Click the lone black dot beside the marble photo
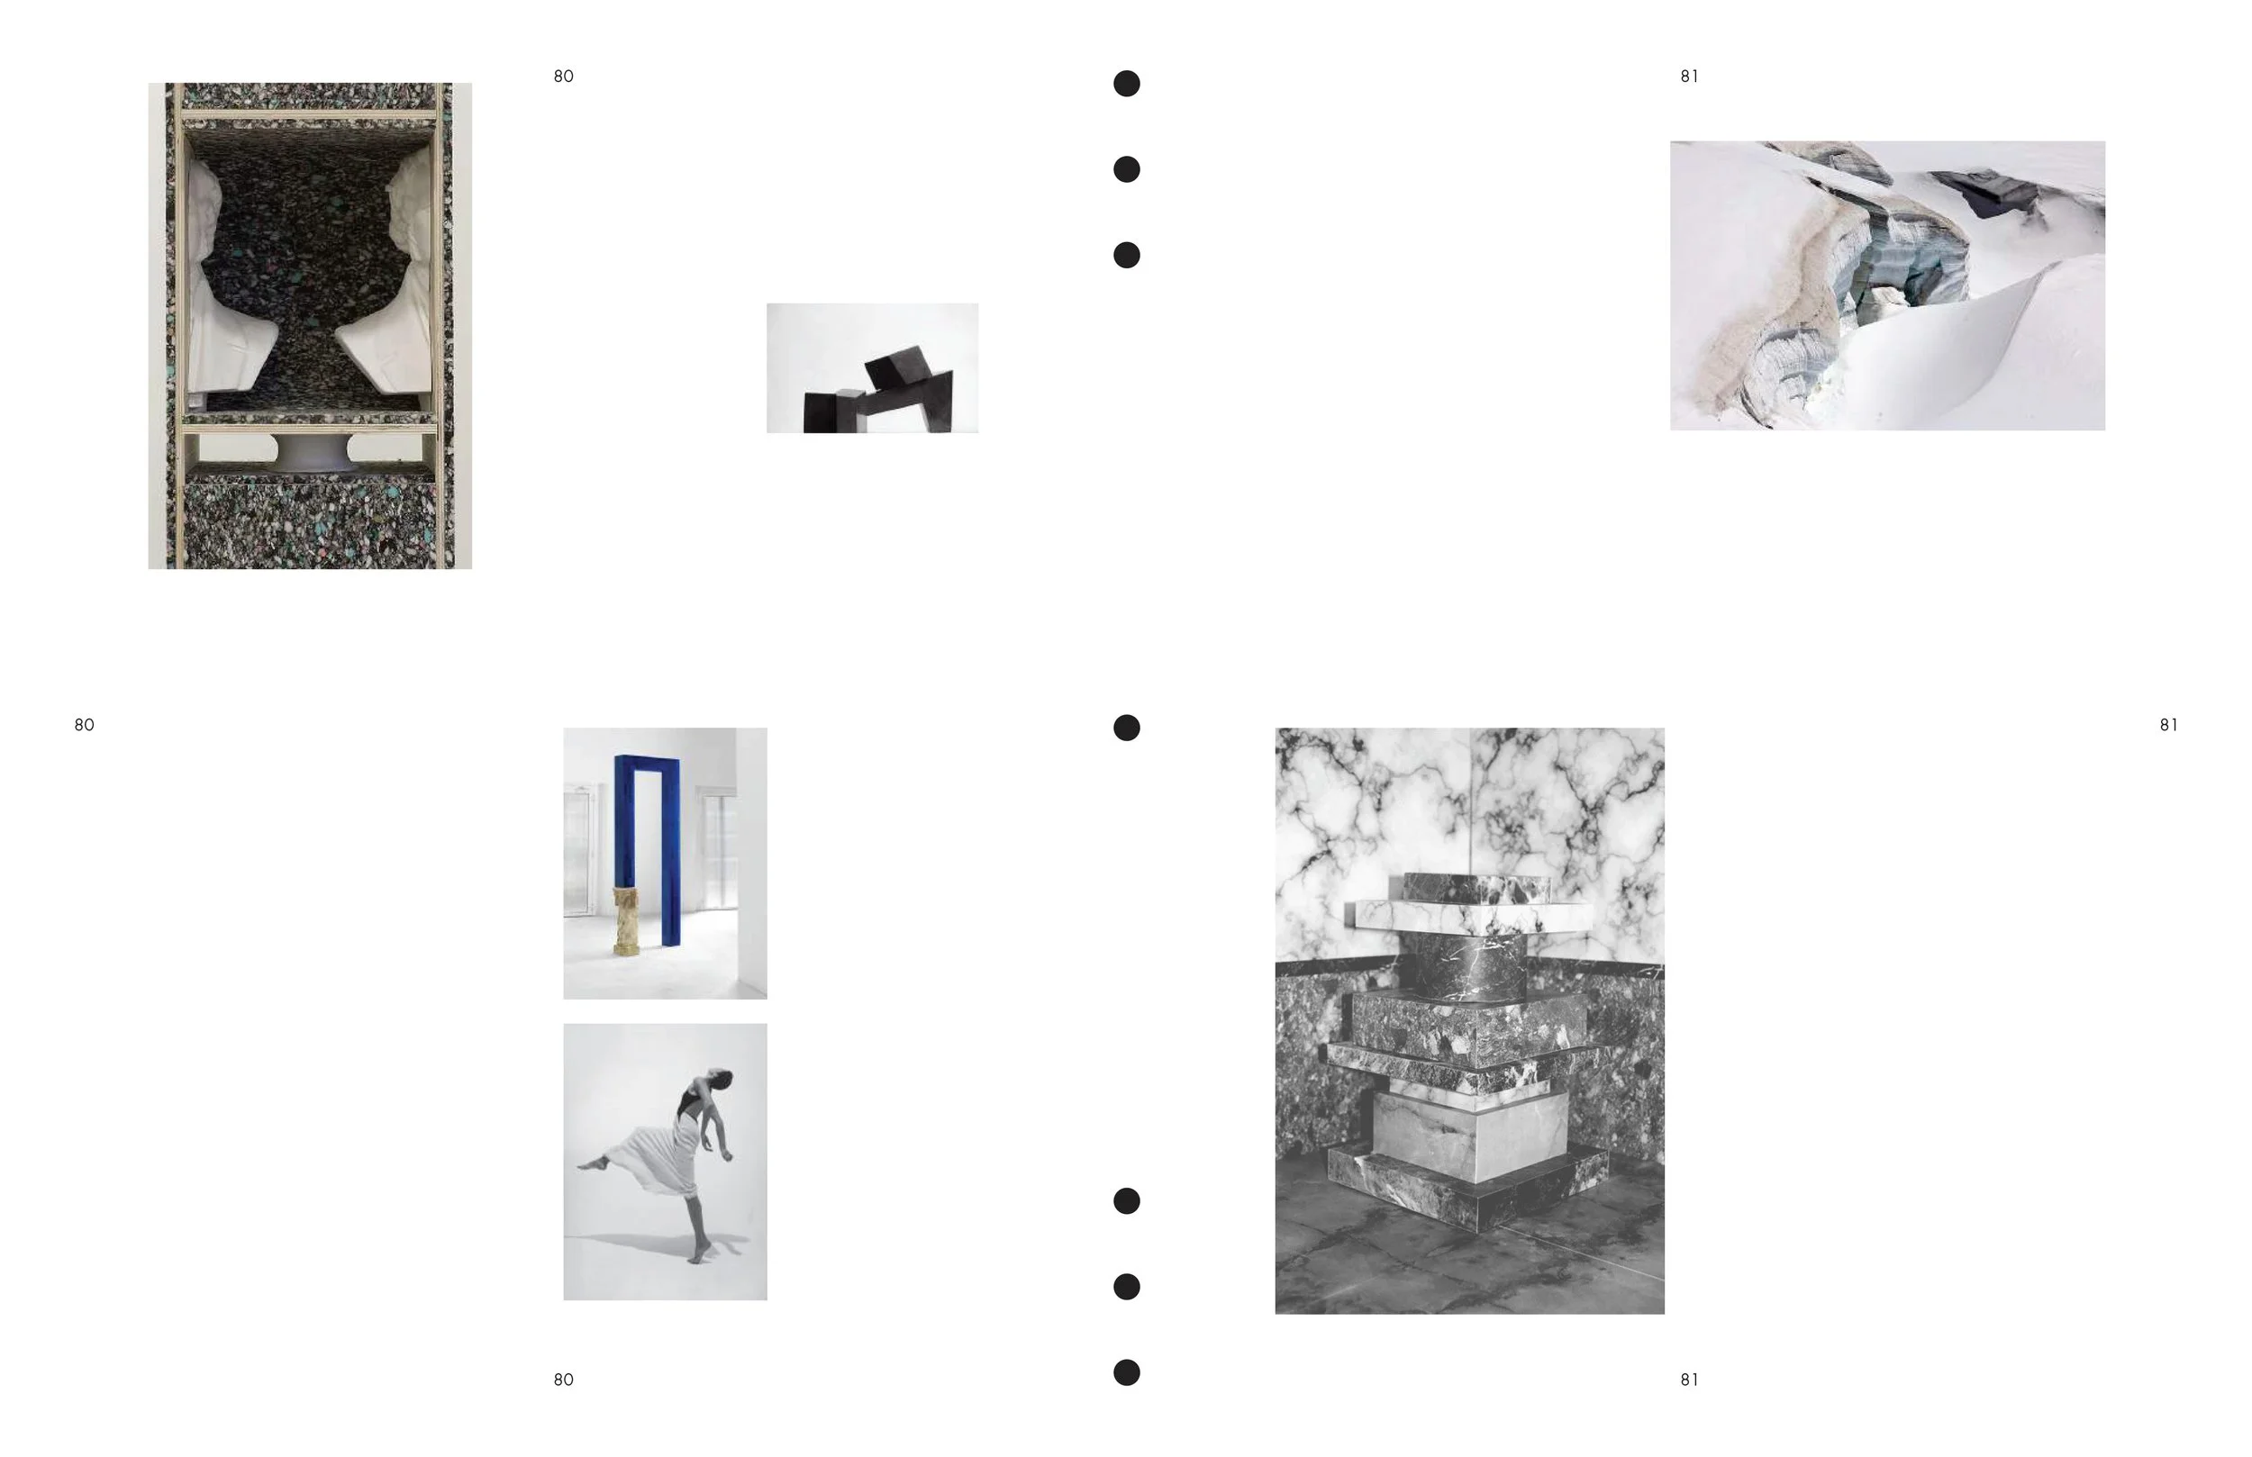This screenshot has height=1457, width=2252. tap(1126, 728)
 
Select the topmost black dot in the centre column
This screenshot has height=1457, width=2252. tap(1126, 83)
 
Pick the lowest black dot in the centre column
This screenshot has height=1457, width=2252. tap(1126, 1372)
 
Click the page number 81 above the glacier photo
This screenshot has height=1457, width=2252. tap(1689, 77)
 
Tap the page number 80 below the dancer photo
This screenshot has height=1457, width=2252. tap(563, 1380)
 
